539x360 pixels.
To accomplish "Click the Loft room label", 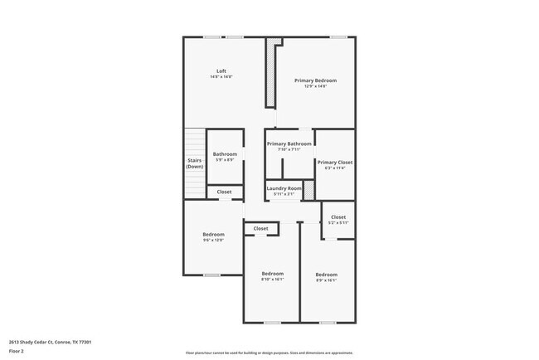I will point(221,71).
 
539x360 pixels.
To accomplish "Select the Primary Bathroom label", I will point(289,144).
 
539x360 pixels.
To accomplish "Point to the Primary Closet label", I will point(335,163).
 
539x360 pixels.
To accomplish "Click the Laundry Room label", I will point(284,188).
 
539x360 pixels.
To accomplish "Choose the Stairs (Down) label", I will point(194,163).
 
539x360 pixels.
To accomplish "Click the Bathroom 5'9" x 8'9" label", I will point(225,154).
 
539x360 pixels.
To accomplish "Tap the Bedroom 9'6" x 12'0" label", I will point(213,235).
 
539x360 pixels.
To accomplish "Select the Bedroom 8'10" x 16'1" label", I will point(273,274).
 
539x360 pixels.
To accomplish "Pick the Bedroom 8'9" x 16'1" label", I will point(326,275).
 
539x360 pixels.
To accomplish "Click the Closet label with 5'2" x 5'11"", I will point(338,217).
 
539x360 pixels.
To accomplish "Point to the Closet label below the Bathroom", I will point(225,192).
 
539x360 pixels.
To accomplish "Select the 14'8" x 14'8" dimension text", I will point(221,77).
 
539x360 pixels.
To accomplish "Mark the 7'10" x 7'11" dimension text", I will point(289,149).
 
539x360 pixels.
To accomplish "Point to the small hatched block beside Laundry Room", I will point(308,190).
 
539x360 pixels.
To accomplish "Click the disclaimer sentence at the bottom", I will point(269,353).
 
